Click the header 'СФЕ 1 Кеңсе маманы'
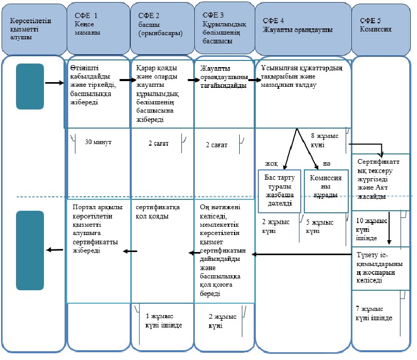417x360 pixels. (98, 28)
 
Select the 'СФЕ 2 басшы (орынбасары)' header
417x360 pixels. (162, 28)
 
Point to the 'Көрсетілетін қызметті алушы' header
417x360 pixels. (34, 29)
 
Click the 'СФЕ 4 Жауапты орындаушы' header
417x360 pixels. (303, 29)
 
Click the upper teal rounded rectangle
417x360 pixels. (30, 86)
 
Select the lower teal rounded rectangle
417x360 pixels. (30, 250)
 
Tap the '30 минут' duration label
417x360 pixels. (98, 142)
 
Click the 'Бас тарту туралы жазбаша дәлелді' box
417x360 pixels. (280, 191)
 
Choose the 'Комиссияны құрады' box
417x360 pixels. (326, 191)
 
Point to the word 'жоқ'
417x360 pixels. (271, 164)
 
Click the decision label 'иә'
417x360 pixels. (327, 164)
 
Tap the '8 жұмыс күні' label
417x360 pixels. (325, 140)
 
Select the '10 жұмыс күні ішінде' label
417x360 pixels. (371, 229)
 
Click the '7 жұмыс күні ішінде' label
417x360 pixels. (374, 313)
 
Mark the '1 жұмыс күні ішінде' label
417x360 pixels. (164, 320)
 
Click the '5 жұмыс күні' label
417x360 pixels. (319, 226)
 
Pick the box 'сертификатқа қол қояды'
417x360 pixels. (162, 251)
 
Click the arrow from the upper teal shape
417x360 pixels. (55, 83)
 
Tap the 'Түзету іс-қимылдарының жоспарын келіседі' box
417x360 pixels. (380, 268)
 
